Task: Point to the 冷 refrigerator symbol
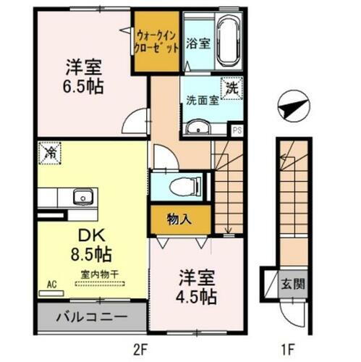[x=51, y=153]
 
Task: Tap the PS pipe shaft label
[x=237, y=130]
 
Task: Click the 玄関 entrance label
[x=292, y=282]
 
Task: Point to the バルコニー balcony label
[x=93, y=317]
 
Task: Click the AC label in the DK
[x=51, y=285]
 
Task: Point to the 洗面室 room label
[x=201, y=101]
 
